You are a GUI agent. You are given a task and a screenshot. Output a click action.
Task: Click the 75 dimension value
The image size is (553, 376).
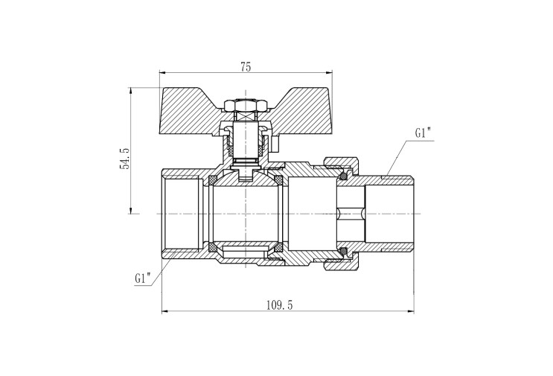(246, 67)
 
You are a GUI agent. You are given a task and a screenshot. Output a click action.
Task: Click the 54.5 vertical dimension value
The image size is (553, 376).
(125, 159)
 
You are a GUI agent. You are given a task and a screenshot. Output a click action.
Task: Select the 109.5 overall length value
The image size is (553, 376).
(279, 305)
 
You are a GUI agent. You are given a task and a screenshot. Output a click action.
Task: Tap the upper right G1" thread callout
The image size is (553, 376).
(423, 133)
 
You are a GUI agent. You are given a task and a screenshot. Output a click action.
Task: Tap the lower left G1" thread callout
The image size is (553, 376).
(143, 278)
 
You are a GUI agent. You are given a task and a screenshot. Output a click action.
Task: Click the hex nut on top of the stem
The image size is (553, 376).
(246, 105)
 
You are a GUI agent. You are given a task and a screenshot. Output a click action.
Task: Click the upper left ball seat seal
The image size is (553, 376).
(213, 180)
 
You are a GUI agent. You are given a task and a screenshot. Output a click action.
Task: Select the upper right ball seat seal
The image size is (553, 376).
(278, 180)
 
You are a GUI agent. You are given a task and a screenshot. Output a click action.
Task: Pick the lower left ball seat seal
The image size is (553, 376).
(213, 246)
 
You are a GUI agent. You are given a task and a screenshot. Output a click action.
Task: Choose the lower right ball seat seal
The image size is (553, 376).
(278, 246)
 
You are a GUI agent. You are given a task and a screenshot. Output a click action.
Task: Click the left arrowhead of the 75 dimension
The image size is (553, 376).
(162, 73)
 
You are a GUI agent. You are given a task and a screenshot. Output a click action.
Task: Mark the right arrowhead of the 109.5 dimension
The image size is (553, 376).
(411, 311)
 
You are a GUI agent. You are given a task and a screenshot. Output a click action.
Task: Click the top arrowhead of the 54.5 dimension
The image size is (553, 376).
(130, 91)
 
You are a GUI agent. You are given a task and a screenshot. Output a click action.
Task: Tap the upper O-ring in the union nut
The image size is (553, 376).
(342, 176)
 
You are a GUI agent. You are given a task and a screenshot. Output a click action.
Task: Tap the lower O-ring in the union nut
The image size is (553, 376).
(342, 251)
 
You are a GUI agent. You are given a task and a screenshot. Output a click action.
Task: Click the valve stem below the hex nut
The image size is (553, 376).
(246, 138)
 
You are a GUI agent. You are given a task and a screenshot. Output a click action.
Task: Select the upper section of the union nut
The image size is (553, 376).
(340, 164)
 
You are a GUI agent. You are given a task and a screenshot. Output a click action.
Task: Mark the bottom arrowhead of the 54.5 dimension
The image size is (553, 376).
(130, 210)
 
